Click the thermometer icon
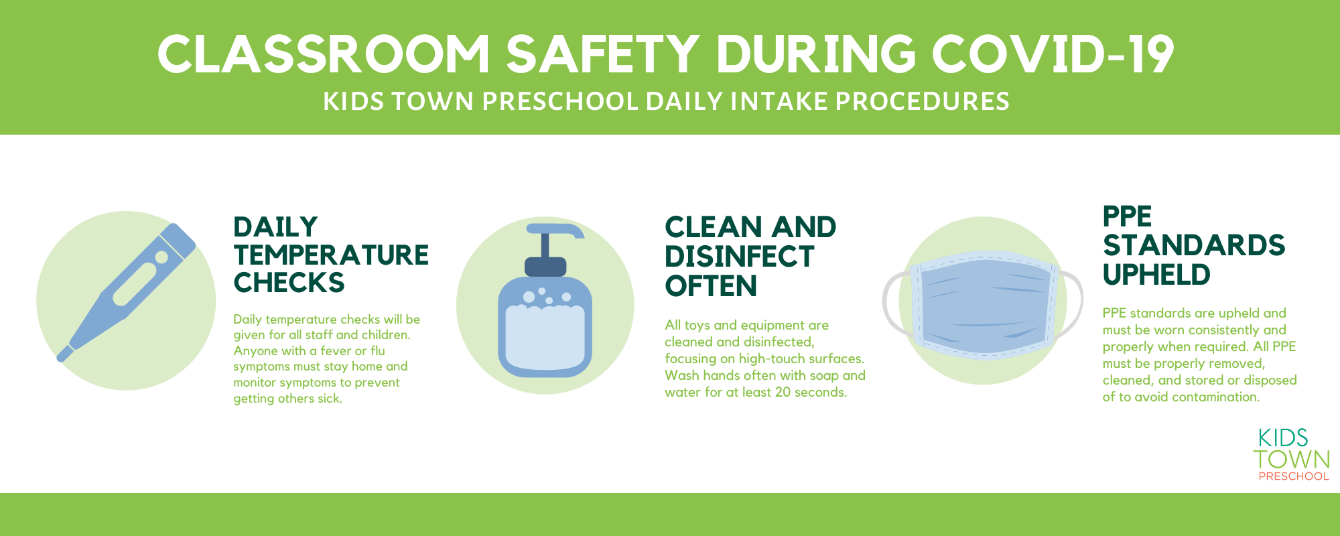tap(126, 292)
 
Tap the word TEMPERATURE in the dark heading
tap(331, 255)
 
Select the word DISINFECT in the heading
tap(739, 257)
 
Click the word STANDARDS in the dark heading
tap(1194, 245)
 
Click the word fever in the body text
tap(336, 350)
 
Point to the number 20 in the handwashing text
tap(783, 392)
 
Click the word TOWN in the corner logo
tap(1292, 460)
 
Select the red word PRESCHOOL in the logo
tap(1294, 476)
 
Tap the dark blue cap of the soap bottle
tap(545, 267)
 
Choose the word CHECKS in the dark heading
tap(289, 283)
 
